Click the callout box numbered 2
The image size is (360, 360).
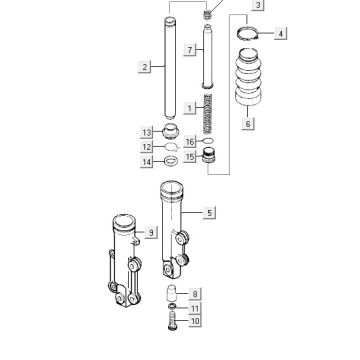(145, 67)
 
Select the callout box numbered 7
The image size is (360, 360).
(190, 50)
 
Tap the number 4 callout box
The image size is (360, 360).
(280, 34)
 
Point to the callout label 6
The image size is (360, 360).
(248, 124)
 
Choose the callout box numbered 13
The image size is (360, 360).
(147, 133)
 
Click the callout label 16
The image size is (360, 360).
(190, 142)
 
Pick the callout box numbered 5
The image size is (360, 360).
(209, 213)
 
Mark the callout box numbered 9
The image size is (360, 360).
(151, 232)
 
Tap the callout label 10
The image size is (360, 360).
(195, 321)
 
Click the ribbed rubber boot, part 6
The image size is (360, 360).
(249, 77)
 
